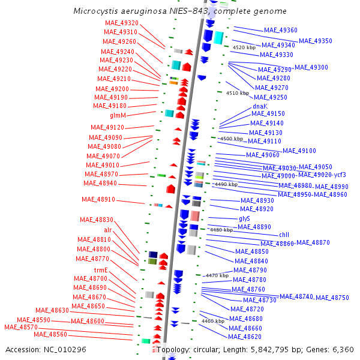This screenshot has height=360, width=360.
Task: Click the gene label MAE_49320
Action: (x=121, y=23)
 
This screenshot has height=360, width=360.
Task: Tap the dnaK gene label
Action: (x=259, y=107)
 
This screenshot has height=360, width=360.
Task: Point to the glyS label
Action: (x=244, y=218)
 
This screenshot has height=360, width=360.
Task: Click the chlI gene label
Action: (x=284, y=235)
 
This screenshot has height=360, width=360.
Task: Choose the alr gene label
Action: (x=107, y=230)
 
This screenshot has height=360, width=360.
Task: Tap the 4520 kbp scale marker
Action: (x=244, y=47)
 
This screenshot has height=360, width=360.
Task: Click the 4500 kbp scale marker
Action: (x=231, y=139)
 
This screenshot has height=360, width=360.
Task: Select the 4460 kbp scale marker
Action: (x=212, y=322)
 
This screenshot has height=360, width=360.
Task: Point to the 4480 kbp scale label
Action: (x=221, y=230)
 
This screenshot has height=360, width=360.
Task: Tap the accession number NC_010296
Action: (x=65, y=349)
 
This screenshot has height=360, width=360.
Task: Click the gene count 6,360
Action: (x=343, y=349)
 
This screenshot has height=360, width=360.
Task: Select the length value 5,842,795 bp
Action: (x=276, y=349)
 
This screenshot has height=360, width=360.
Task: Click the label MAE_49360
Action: (x=280, y=30)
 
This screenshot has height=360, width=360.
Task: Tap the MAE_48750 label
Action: (x=332, y=298)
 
